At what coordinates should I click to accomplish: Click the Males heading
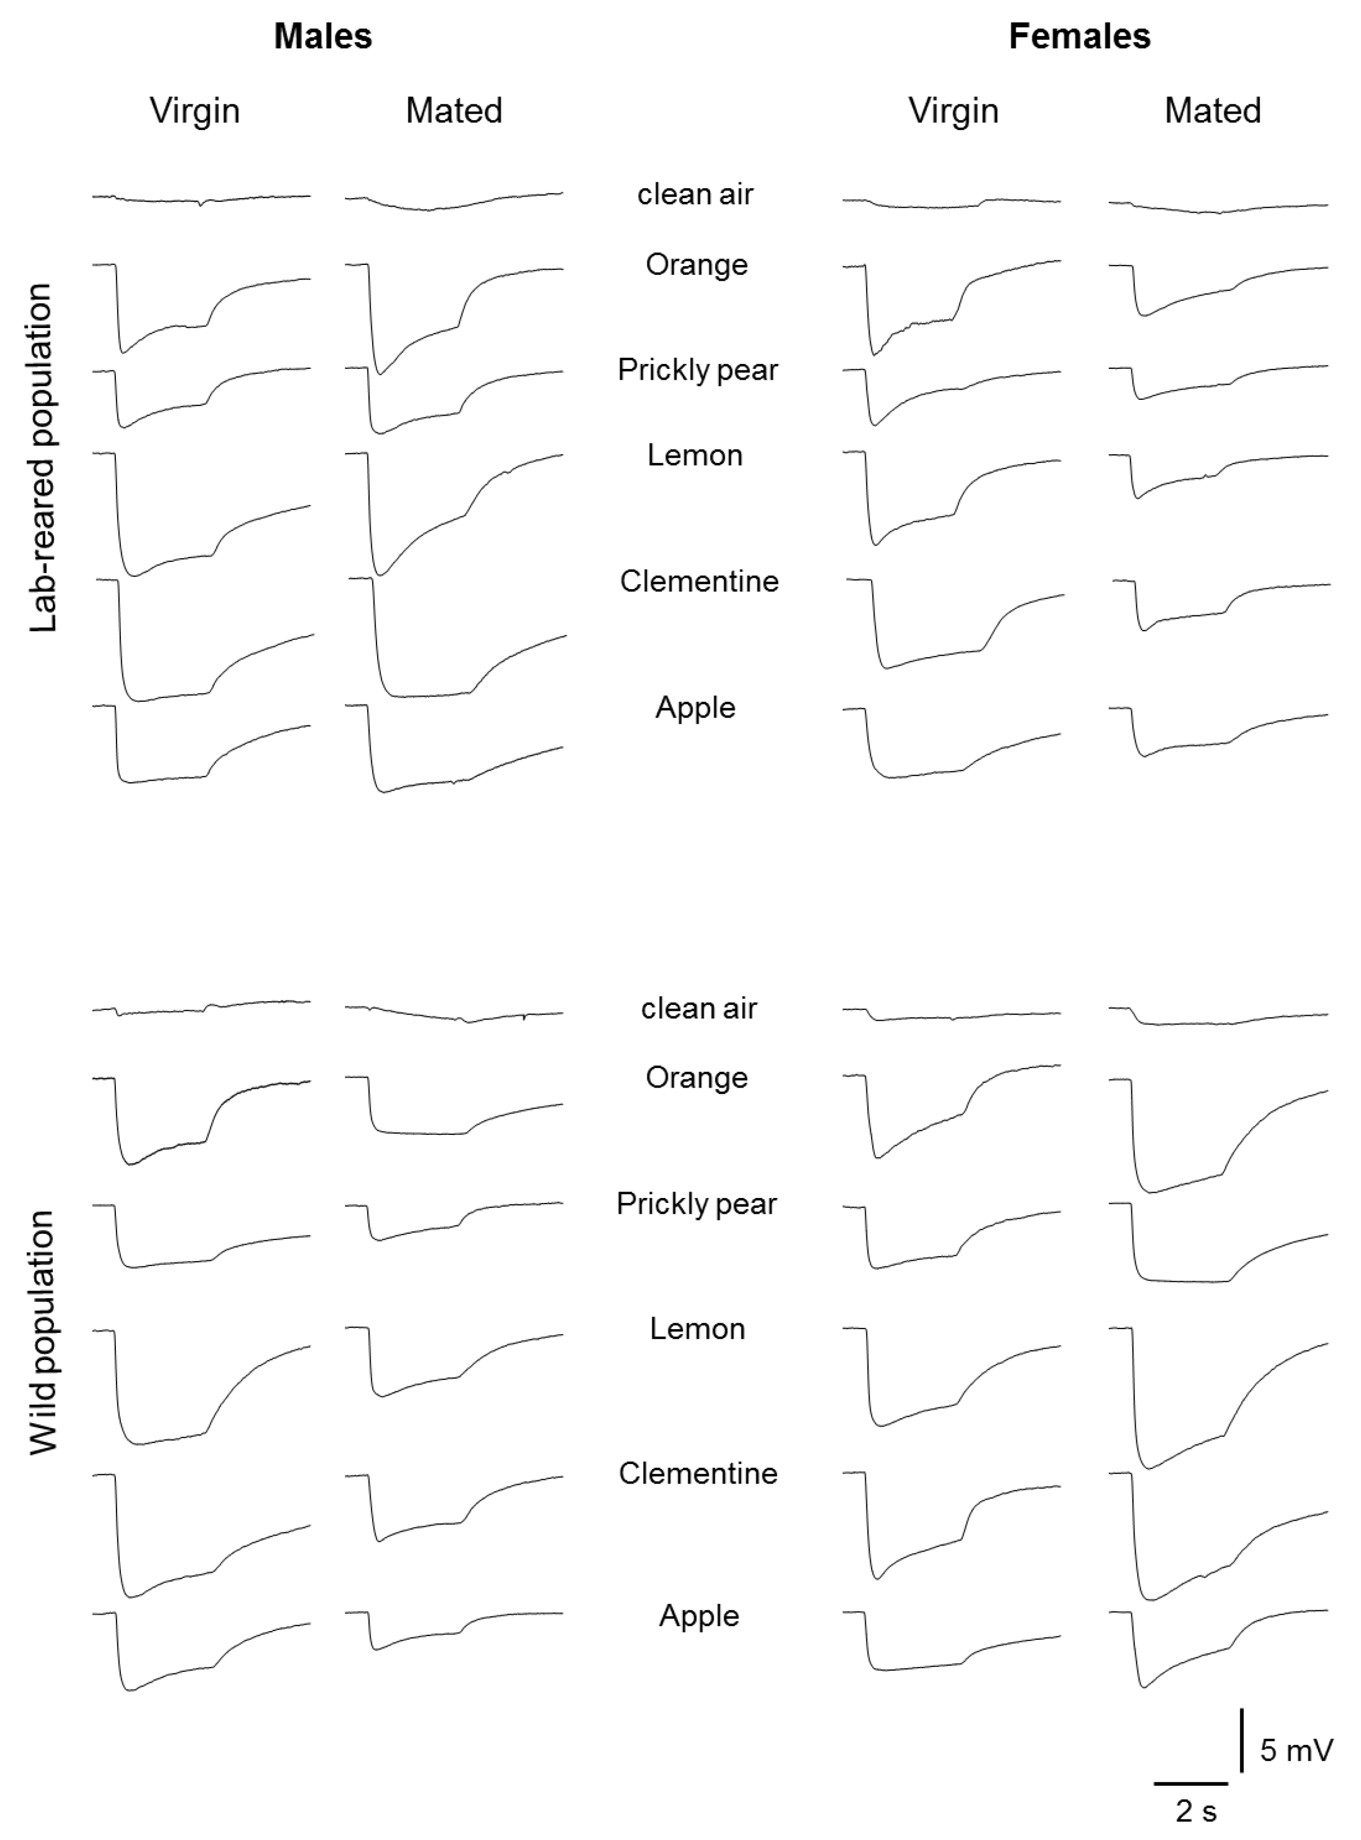(323, 36)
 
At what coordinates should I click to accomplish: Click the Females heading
(1079, 36)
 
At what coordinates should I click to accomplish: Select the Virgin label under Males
(194, 110)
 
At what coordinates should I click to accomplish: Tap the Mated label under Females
(1212, 110)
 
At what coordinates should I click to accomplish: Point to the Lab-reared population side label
(42, 457)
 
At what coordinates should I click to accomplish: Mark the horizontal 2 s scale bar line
(1191, 1784)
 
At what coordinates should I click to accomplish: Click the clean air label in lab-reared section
(695, 194)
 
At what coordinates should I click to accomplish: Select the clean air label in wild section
(699, 1008)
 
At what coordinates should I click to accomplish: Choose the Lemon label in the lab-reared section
(694, 455)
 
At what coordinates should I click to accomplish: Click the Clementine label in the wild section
(698, 1473)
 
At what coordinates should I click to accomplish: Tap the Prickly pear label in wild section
(696, 1203)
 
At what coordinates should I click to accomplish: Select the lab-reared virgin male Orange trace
(165, 330)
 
